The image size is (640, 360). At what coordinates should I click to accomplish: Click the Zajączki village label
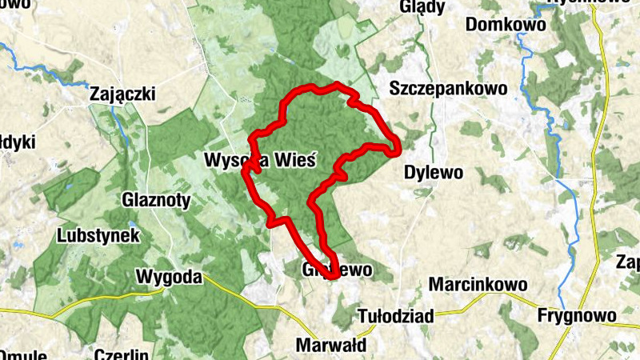pyautogui.click(x=122, y=95)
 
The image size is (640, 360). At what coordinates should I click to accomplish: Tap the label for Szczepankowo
pyautogui.click(x=447, y=88)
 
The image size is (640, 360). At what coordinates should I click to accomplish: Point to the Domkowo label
pyautogui.click(x=506, y=25)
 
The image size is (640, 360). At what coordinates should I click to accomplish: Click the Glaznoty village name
pyautogui.click(x=157, y=200)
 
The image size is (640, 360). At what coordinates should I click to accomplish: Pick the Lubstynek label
pyautogui.click(x=99, y=236)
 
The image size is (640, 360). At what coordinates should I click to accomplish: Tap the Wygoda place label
pyautogui.click(x=168, y=276)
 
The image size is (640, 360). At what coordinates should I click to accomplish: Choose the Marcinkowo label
pyautogui.click(x=478, y=284)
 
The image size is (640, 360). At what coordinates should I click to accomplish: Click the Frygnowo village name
pyautogui.click(x=578, y=316)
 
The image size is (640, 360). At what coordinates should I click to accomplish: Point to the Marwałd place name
pyautogui.click(x=331, y=346)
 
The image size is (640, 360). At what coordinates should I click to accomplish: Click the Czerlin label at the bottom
pyautogui.click(x=121, y=354)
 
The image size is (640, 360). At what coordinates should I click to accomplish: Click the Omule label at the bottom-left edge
pyautogui.click(x=23, y=354)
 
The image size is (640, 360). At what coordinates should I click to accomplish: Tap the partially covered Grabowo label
pyautogui.click(x=338, y=270)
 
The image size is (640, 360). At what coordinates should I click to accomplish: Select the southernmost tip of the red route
pyautogui.click(x=330, y=277)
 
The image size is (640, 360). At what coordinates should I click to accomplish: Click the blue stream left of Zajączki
pyautogui.click(x=48, y=72)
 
